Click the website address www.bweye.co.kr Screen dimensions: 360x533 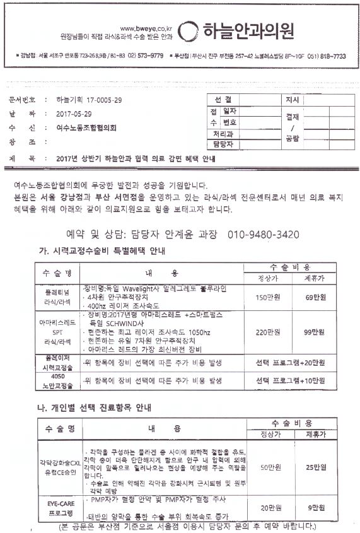tap(146, 28)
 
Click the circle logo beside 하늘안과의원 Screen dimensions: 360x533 tap(187, 31)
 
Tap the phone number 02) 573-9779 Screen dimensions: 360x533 tap(146, 56)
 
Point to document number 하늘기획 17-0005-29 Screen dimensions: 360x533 tap(89, 100)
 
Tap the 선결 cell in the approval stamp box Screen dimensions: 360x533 tap(223, 100)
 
